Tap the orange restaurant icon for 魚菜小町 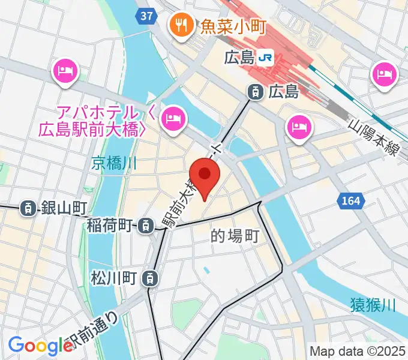180,25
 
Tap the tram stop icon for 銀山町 28,208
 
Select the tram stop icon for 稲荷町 145,226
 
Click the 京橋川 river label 116,162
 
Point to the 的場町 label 235,236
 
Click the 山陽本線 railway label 374,137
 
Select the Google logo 40,345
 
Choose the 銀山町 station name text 64,208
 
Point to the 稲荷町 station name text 110,226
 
